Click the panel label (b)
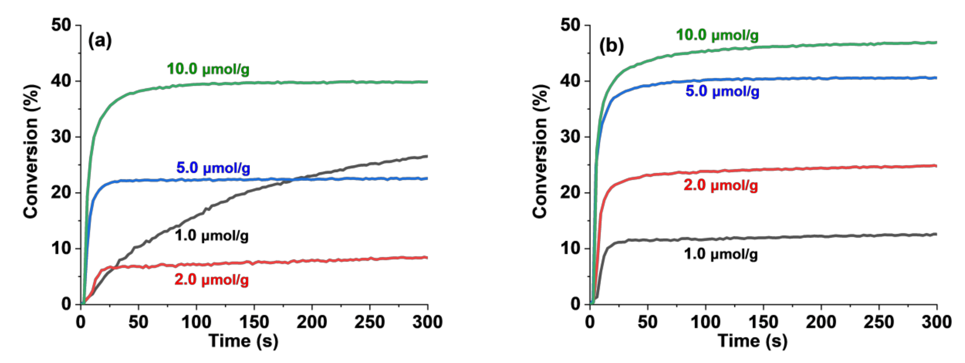click(x=611, y=46)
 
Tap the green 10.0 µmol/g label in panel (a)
click(x=208, y=69)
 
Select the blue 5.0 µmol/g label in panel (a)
click(x=213, y=168)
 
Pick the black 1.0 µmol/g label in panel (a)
click(x=212, y=236)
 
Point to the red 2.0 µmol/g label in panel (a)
click(x=212, y=280)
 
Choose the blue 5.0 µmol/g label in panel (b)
click(x=722, y=91)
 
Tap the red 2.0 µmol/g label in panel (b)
click(x=721, y=185)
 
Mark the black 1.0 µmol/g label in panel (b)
click(x=721, y=254)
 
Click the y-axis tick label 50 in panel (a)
click(x=61, y=25)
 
